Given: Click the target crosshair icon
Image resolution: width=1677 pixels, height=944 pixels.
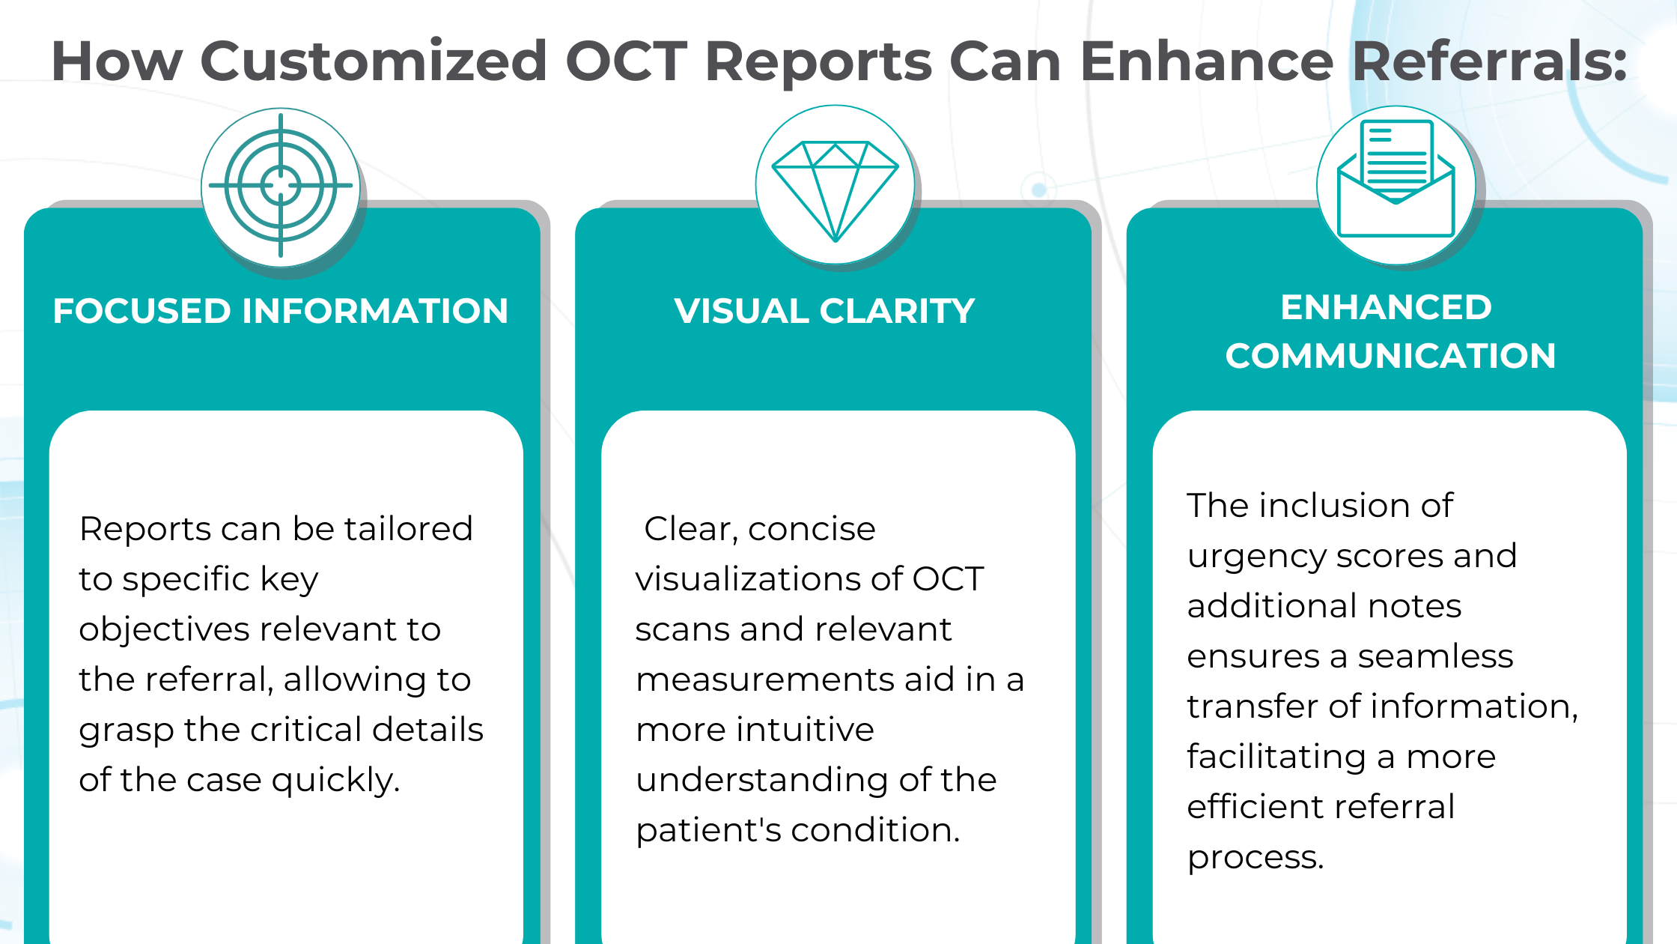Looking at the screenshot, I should click(x=281, y=185).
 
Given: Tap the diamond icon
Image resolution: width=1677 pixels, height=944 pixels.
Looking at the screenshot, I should click(x=835, y=187).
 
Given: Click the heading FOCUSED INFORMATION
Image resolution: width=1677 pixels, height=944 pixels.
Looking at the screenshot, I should click(x=281, y=311).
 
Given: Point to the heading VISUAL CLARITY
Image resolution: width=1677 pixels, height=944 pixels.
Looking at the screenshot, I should click(x=824, y=311).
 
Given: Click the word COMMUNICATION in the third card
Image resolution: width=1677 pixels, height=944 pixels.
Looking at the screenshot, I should click(x=1390, y=356).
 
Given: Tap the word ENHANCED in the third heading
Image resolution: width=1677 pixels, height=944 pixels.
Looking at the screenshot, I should click(x=1386, y=307).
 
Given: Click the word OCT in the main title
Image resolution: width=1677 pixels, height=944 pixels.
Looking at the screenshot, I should click(x=626, y=61).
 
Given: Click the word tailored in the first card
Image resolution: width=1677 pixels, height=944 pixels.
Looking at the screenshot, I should click(x=408, y=529).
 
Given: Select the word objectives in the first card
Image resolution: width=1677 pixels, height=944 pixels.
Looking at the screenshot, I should click(x=164, y=629).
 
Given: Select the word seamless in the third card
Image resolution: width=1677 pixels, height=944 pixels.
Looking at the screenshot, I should click(x=1435, y=656).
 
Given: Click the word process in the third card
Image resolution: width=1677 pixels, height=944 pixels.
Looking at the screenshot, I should click(x=1254, y=858).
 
